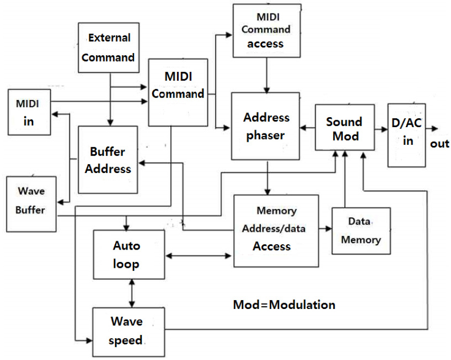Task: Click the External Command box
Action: (108, 48)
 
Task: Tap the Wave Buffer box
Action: (31, 203)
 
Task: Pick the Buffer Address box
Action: (108, 160)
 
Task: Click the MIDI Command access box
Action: (266, 30)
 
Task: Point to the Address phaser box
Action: (266, 126)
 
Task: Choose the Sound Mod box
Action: (344, 128)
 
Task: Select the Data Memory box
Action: (361, 231)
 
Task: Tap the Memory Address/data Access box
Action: (276, 231)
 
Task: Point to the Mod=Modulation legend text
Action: (284, 304)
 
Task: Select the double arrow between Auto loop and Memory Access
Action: (199, 255)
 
